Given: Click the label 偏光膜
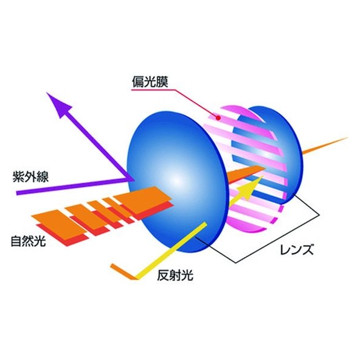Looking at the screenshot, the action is coord(150,82).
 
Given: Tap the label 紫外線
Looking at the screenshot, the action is coord(31,177).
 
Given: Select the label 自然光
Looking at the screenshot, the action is coord(29,241).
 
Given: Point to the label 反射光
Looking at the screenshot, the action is coord(175,275).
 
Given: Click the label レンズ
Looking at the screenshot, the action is coord(297,249).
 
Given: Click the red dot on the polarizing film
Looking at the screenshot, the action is coord(218,118).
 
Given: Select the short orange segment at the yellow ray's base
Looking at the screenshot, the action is coord(123,272).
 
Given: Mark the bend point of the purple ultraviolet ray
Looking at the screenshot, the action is coord(129,179).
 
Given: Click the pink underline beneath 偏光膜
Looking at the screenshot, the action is coord(154,90).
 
